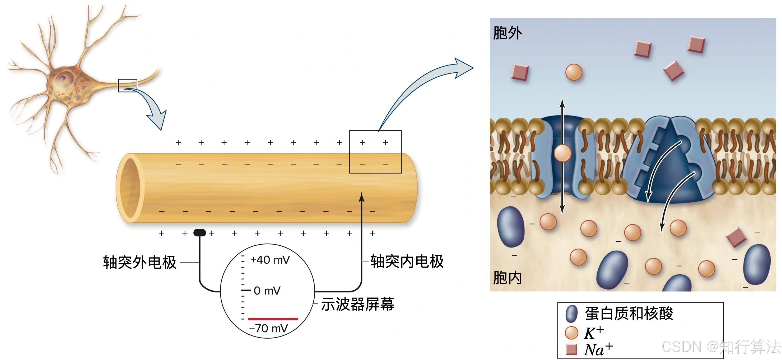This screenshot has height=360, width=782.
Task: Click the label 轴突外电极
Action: click(140, 262)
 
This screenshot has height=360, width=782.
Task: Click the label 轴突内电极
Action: click(407, 261)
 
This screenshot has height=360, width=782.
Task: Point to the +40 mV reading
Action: click(270, 260)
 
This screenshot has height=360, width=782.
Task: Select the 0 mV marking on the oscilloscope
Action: click(267, 291)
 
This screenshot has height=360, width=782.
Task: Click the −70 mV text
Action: click(268, 328)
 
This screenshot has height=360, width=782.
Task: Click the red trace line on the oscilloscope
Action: click(273, 319)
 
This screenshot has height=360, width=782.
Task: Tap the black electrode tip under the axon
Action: click(199, 233)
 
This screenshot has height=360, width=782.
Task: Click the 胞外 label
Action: click(507, 33)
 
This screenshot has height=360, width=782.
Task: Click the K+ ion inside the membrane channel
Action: click(562, 153)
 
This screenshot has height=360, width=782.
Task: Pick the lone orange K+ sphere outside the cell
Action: click(574, 72)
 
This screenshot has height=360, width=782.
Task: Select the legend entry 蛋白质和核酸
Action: click(629, 313)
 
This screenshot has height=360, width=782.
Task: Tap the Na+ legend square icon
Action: click(571, 349)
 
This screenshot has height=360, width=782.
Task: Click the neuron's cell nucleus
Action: click(63, 77)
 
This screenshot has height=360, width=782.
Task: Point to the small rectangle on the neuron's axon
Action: click(128, 85)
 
